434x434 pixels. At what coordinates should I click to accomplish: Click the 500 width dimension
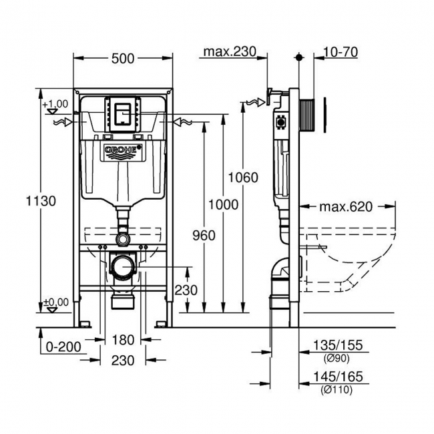click(123, 59)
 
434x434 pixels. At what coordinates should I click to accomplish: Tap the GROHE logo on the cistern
click(122, 152)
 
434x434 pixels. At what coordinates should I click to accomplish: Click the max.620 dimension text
click(345, 207)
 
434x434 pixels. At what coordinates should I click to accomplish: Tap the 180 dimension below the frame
click(122, 341)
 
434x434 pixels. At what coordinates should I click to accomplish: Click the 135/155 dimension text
click(337, 345)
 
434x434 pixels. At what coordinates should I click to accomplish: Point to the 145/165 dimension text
click(337, 377)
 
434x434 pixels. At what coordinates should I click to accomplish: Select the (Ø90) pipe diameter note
click(337, 357)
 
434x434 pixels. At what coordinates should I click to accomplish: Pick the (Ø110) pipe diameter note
click(337, 389)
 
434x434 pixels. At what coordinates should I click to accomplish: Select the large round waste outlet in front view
click(122, 266)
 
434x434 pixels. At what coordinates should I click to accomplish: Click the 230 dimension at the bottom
click(122, 360)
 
